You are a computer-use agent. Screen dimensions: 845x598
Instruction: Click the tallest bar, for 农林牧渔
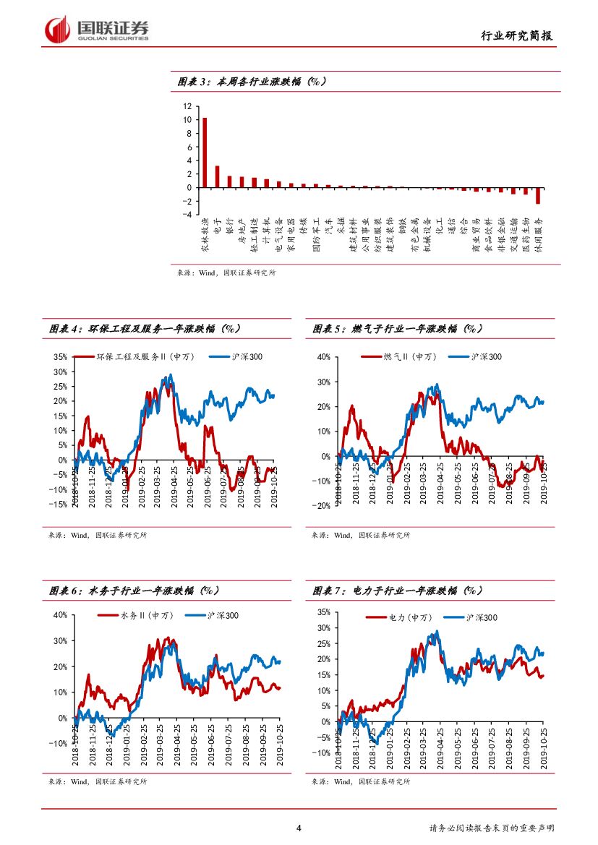tap(205, 153)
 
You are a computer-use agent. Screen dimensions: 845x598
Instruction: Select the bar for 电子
tap(217, 176)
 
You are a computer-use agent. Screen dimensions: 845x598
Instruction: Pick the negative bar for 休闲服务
tap(538, 196)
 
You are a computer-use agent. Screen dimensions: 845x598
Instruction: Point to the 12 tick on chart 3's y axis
tap(187, 106)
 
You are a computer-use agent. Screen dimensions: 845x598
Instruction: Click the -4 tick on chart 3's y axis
tap(187, 215)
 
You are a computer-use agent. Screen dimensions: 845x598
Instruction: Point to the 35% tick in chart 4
tap(60, 357)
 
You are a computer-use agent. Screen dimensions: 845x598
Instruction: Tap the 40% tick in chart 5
tap(323, 357)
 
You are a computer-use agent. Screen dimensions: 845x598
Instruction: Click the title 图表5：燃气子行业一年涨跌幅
tap(397, 329)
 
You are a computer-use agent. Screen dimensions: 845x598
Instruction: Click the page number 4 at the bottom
tap(299, 828)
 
